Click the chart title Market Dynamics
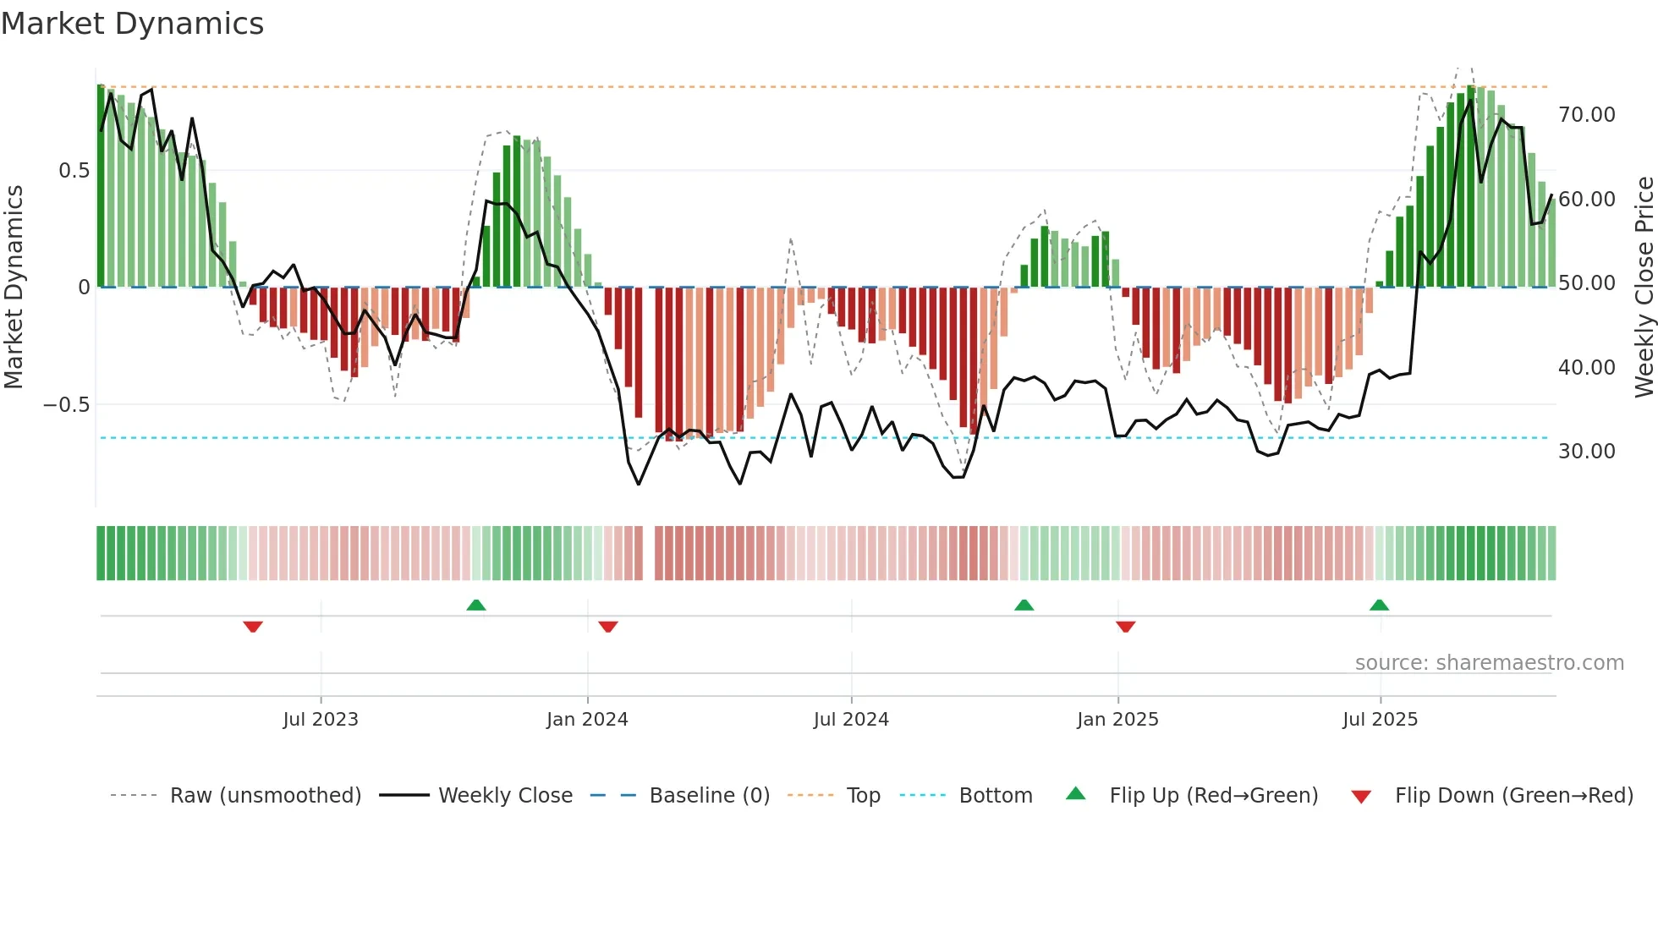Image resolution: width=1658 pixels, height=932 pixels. (x=133, y=24)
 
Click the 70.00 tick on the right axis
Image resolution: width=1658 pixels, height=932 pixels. (x=1586, y=114)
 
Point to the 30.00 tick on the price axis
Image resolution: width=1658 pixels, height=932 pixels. (x=1586, y=451)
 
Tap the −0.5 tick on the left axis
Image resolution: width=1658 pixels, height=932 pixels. (x=66, y=404)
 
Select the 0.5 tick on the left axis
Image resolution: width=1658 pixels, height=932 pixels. (x=74, y=170)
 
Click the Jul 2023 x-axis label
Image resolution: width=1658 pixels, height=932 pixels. (x=321, y=719)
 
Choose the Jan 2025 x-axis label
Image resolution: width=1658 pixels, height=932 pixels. (x=1117, y=719)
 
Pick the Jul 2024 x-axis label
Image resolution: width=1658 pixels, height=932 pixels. (x=851, y=719)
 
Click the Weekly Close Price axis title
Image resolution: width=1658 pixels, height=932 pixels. (x=1644, y=287)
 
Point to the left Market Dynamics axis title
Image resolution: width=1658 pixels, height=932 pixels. (x=14, y=287)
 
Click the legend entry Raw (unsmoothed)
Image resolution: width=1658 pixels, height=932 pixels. (x=265, y=795)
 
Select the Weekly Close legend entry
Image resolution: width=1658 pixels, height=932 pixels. (x=505, y=795)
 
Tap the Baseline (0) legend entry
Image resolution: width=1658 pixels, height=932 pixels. (x=709, y=795)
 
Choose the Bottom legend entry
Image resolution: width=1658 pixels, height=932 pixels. (x=995, y=795)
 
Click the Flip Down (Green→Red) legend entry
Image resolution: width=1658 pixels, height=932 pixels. (x=1513, y=795)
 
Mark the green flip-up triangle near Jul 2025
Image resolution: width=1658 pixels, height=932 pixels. (x=1379, y=605)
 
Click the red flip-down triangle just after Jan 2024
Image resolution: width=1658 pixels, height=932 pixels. (x=608, y=627)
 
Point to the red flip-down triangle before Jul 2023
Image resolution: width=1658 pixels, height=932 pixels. (x=253, y=627)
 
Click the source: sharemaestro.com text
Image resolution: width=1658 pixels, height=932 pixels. (x=1489, y=662)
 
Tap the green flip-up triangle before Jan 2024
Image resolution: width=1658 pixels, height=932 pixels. (x=476, y=605)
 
